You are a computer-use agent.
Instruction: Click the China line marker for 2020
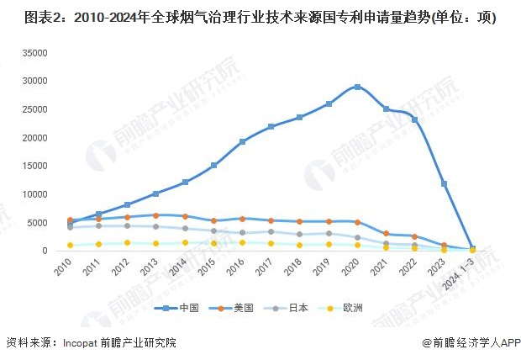coord(357,87)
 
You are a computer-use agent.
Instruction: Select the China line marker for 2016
coord(242,141)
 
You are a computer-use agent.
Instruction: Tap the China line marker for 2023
coord(444,183)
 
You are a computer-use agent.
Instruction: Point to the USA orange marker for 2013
coord(155,215)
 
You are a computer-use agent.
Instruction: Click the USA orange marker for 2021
coord(386,233)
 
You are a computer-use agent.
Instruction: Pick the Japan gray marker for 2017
coord(271,231)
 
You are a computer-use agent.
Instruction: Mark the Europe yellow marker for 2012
coord(127,243)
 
